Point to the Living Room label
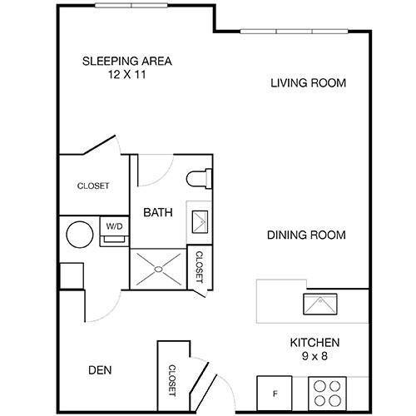(308, 83)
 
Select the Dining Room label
(306, 235)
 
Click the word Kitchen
(315, 343)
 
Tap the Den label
(99, 370)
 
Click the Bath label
(158, 212)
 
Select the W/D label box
(111, 225)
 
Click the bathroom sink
(201, 220)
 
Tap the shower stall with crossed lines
(160, 269)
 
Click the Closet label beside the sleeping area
(92, 186)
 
